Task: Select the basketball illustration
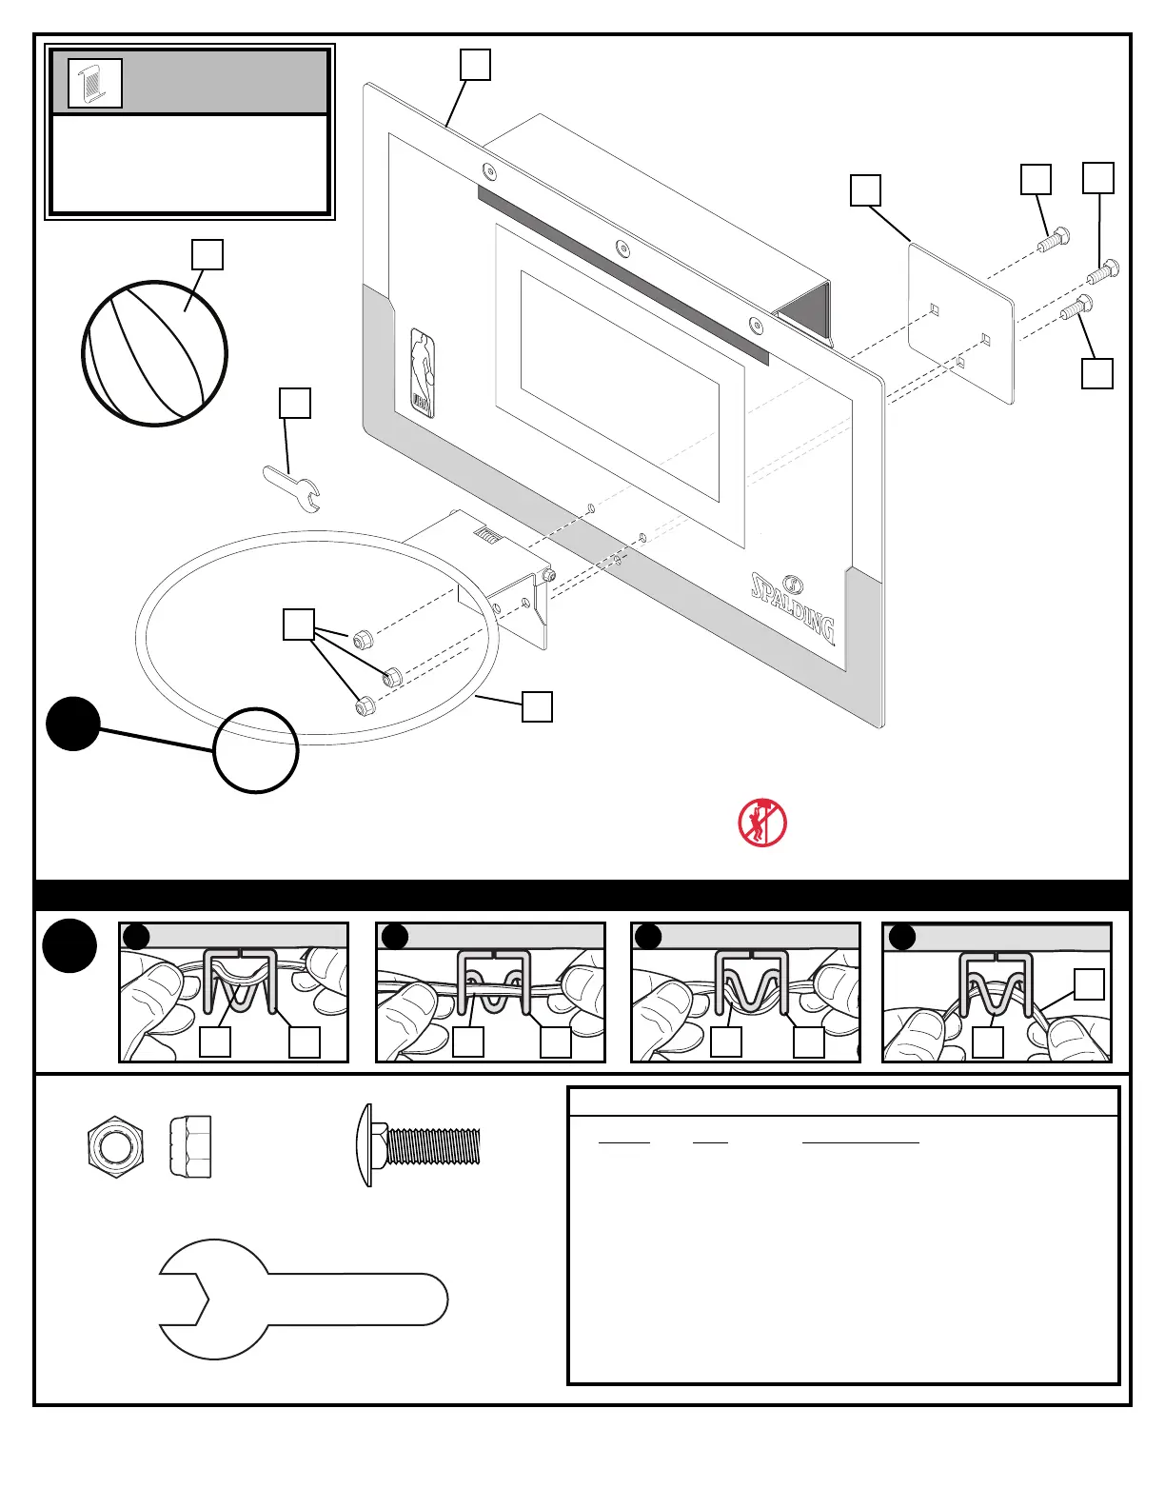click(x=155, y=353)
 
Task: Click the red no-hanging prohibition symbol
click(x=762, y=823)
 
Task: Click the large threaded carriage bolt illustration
click(x=423, y=1146)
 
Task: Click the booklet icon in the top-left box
click(x=95, y=83)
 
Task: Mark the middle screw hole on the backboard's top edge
click(x=622, y=248)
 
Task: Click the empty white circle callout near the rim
click(x=255, y=751)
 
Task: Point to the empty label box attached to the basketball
click(x=207, y=255)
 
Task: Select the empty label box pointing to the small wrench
click(x=294, y=403)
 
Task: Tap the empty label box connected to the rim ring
click(x=537, y=706)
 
